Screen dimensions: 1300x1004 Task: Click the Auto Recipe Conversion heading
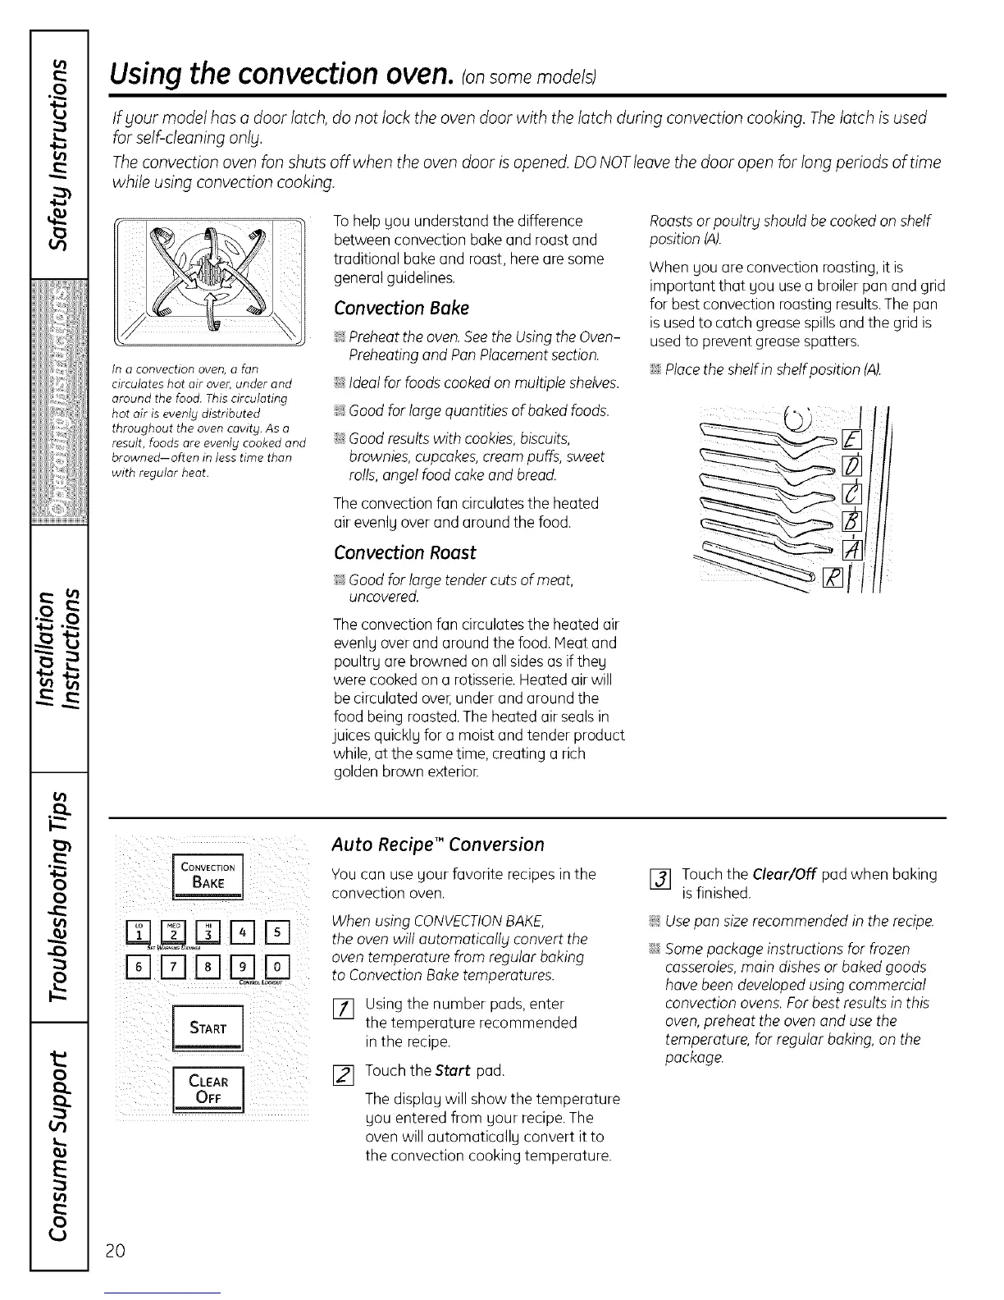(437, 845)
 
